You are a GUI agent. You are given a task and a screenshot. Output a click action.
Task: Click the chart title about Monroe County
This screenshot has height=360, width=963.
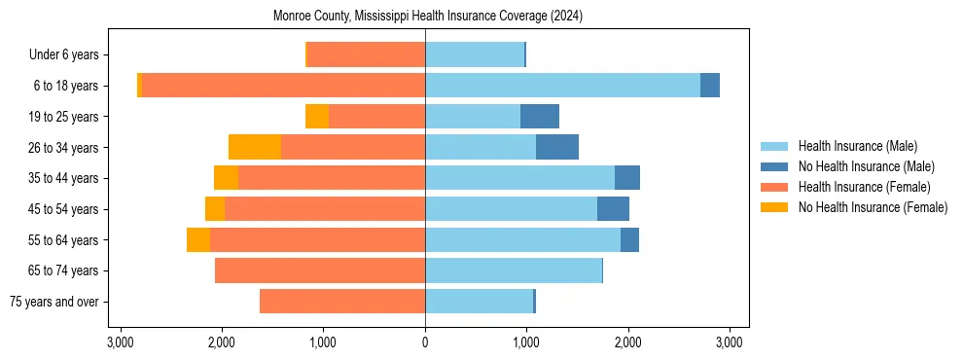[x=425, y=17]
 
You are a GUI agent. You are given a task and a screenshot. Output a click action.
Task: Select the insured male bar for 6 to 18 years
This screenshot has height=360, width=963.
[x=562, y=86]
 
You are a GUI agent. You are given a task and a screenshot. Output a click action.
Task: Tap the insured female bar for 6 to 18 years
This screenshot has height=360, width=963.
[x=283, y=86]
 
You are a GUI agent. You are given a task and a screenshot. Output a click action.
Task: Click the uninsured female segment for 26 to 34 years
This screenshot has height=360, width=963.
[x=255, y=147]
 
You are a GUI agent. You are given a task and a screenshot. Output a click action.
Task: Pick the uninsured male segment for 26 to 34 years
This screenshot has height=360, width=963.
[x=557, y=147]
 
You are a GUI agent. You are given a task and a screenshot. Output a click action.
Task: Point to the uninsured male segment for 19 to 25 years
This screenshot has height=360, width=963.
[x=540, y=117]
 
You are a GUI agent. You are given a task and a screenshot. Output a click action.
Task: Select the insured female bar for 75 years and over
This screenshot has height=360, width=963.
[x=342, y=302]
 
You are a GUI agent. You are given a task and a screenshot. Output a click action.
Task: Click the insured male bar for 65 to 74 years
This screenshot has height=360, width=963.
[x=514, y=270]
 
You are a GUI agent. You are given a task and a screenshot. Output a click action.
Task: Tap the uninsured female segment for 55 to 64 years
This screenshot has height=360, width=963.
[x=198, y=239]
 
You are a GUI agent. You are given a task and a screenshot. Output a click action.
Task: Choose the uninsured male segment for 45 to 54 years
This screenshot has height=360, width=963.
[x=613, y=208]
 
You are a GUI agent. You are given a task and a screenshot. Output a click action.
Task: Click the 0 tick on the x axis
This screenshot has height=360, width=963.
[x=425, y=342]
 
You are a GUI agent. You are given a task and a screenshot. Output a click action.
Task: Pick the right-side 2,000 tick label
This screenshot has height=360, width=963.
[x=627, y=342]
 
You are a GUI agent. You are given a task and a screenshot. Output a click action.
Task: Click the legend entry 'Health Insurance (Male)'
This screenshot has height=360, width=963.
[x=857, y=146]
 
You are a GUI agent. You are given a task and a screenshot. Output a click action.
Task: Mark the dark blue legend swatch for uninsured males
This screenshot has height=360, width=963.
[x=775, y=166]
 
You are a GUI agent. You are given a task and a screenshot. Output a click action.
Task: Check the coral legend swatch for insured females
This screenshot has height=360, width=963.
[x=775, y=187]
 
